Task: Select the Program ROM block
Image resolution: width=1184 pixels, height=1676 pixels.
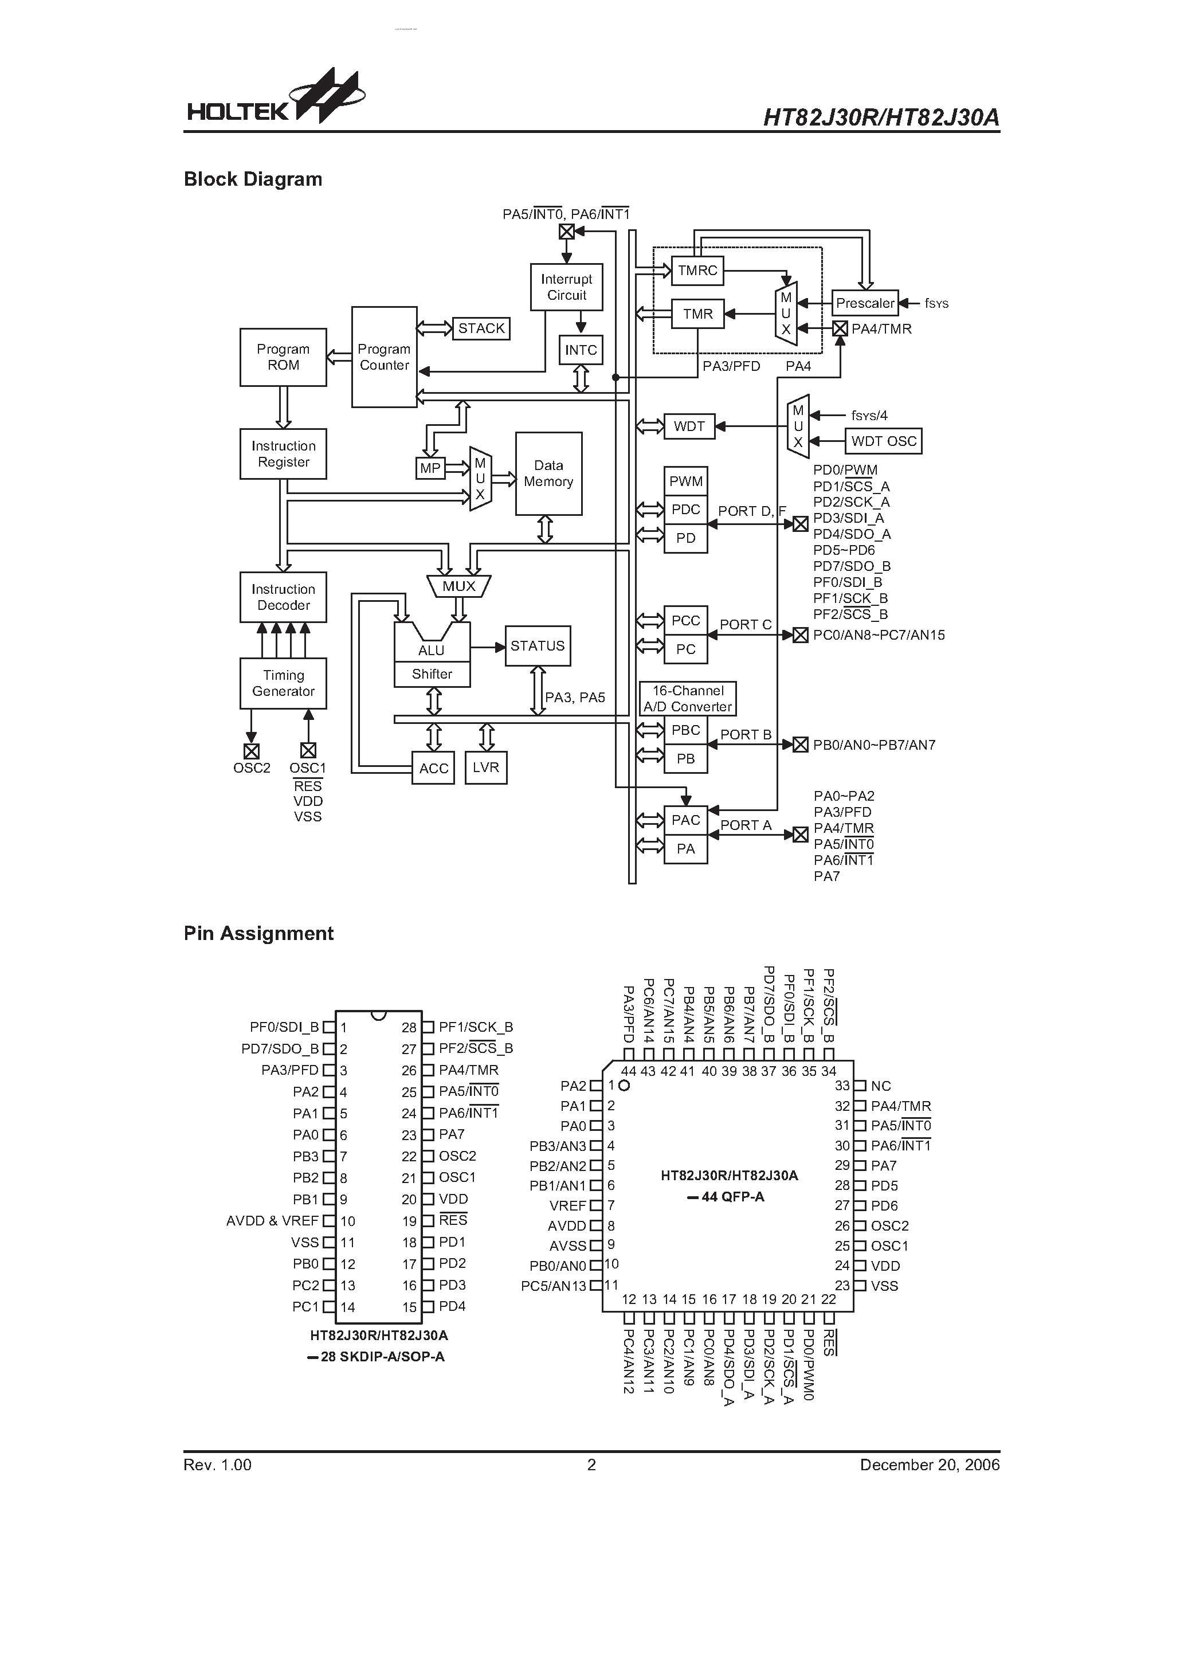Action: coord(283,357)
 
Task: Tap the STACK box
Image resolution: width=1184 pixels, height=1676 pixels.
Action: coord(481,328)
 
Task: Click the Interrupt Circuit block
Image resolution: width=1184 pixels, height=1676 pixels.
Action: coord(566,287)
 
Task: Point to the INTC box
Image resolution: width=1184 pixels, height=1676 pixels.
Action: coord(581,350)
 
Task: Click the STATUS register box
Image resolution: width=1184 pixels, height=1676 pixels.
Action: coord(537,646)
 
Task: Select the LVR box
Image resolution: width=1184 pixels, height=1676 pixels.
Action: coord(485,767)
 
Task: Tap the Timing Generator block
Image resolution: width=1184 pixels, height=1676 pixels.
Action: coord(283,683)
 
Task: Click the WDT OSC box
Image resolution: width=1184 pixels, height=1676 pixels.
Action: coord(883,441)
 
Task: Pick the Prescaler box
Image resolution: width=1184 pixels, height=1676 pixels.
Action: coord(865,303)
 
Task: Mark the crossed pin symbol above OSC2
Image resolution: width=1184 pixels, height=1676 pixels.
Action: coord(251,751)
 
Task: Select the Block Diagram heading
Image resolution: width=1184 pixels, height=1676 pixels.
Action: coord(253,179)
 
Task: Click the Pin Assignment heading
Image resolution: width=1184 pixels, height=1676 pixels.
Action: coord(258,933)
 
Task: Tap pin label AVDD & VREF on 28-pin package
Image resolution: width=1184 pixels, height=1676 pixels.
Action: coord(272,1220)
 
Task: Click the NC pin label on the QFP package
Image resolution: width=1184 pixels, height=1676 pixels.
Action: coord(880,1086)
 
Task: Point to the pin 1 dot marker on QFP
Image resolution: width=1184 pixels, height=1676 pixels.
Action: coord(624,1086)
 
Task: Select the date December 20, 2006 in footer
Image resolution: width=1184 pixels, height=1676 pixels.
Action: coord(929,1464)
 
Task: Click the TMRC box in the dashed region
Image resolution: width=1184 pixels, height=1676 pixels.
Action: coord(697,270)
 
